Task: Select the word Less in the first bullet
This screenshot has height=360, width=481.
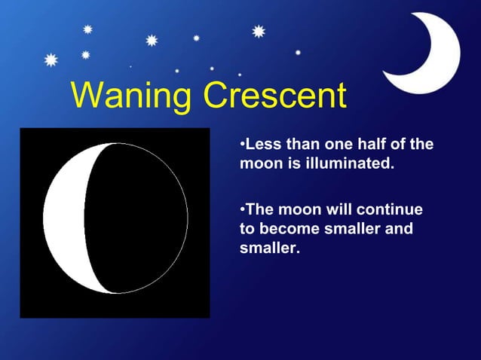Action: coord(262,144)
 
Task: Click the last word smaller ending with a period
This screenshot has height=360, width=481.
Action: coord(269,246)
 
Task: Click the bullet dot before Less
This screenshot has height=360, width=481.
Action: coord(242,144)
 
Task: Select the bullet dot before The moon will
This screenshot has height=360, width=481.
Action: coord(242,209)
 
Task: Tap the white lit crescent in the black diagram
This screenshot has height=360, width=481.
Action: coord(64,218)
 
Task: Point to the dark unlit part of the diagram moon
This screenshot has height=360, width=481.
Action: coord(136,218)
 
